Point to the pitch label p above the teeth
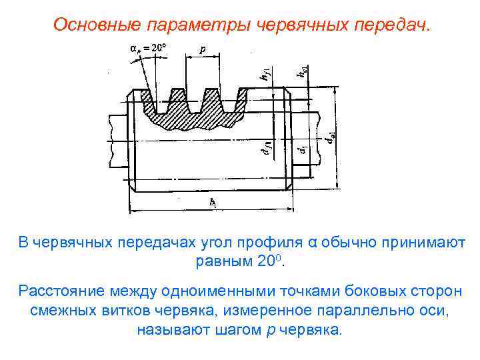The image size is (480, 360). (202, 49)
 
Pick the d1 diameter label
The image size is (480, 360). (303, 152)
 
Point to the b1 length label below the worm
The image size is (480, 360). (211, 201)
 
